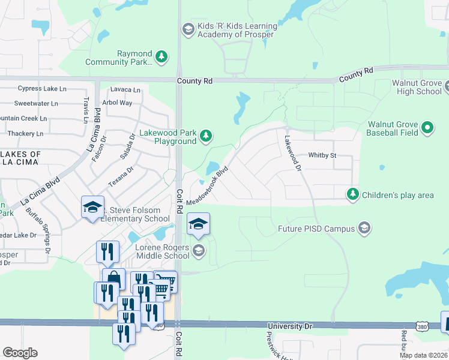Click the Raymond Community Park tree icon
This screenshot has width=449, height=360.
(161, 57)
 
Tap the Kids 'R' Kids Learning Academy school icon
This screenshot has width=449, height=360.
(188, 28)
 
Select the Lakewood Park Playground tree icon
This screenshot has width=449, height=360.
(206, 136)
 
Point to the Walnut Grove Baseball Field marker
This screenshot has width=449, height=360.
(427, 127)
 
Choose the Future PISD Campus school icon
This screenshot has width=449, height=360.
(364, 228)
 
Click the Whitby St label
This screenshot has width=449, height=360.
(322, 155)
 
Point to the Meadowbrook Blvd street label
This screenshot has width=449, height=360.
(208, 184)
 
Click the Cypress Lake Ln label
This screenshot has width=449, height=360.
(42, 89)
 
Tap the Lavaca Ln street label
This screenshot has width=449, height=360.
(125, 90)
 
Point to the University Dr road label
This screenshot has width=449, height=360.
(291, 326)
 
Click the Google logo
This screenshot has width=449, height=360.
(20, 353)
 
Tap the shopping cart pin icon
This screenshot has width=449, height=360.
(166, 280)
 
